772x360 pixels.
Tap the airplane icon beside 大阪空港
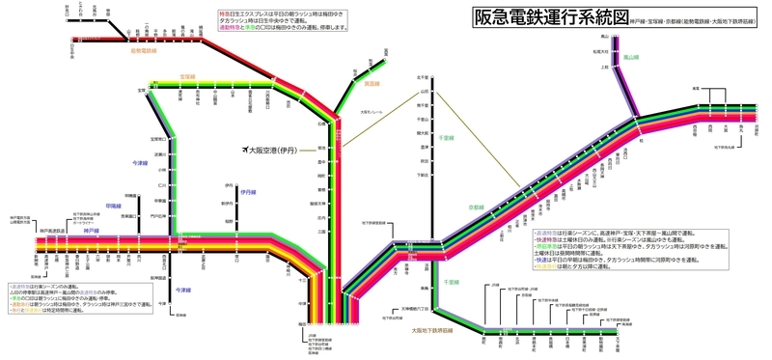[x=243, y=151]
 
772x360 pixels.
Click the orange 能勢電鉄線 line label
[x=143, y=51]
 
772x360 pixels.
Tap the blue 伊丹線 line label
[x=249, y=191]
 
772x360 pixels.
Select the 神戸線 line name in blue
[x=91, y=231]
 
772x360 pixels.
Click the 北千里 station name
[x=422, y=77]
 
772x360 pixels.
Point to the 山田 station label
[x=422, y=91]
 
